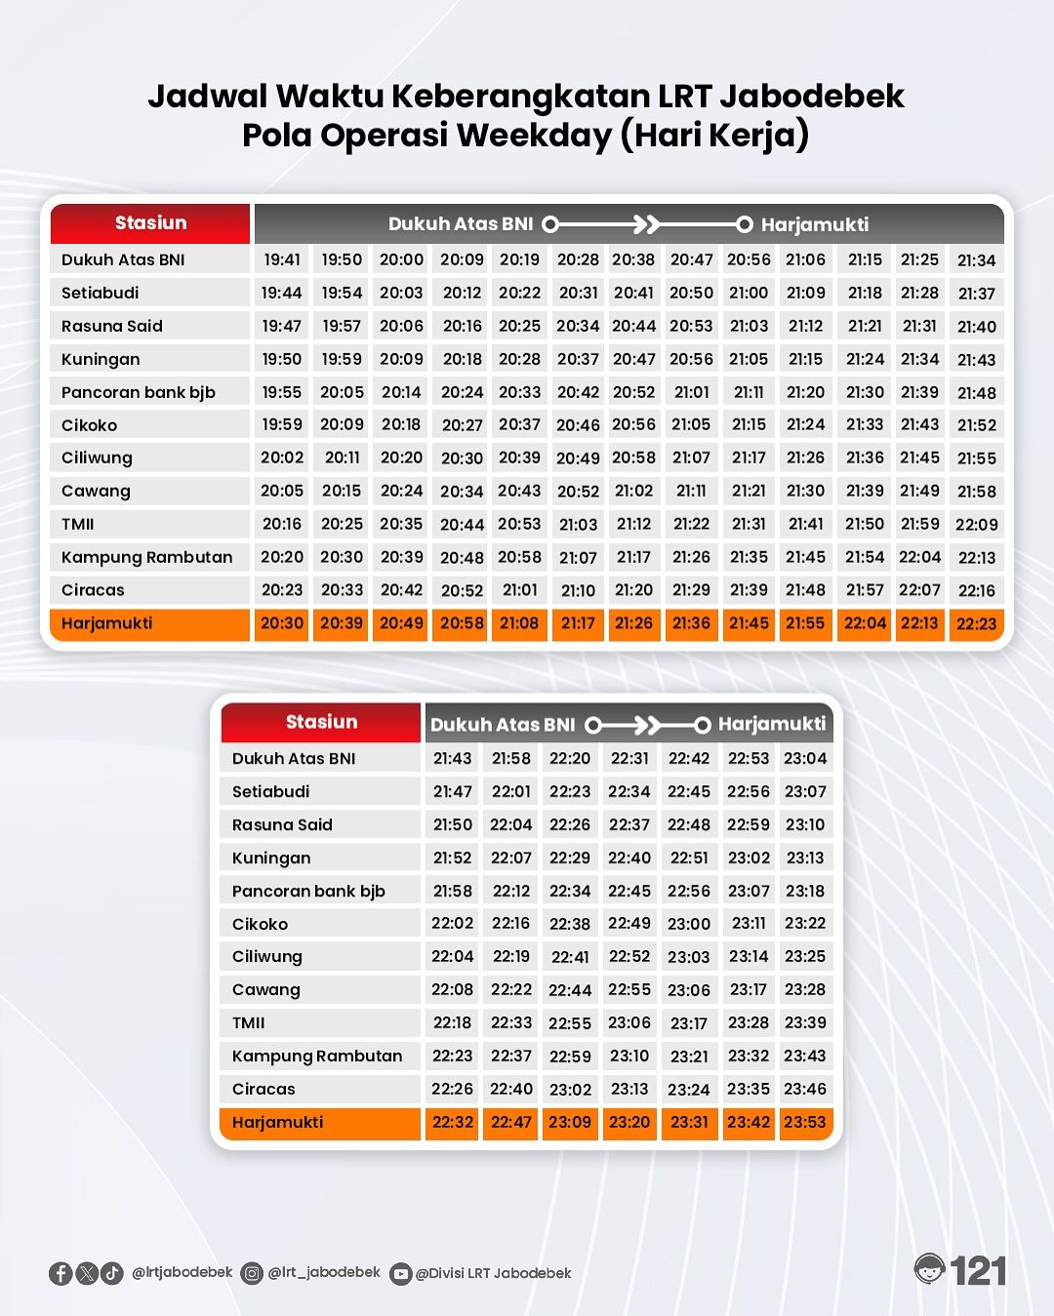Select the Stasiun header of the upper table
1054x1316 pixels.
tap(150, 223)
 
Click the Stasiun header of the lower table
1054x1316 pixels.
tap(321, 722)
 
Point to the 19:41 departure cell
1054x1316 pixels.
tap(282, 259)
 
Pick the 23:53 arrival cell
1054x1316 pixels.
tap(805, 1122)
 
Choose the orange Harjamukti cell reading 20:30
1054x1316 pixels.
tap(282, 623)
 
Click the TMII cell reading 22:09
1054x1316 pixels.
tap(976, 525)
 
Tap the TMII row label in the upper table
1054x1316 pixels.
tap(78, 525)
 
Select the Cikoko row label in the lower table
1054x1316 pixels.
tap(260, 924)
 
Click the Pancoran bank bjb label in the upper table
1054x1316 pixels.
tap(138, 392)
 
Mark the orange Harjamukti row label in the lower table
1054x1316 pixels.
tap(277, 1122)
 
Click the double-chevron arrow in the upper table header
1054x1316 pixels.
tap(646, 224)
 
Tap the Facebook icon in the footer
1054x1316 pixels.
tap(61, 1273)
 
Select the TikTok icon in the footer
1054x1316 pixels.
tap(112, 1273)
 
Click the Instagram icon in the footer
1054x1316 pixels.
tap(252, 1273)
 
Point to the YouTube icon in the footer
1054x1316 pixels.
tap(400, 1274)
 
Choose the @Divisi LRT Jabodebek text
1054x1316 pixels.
tap(493, 1273)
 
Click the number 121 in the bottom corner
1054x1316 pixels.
tap(978, 1271)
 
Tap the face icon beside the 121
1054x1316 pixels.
tap(930, 1269)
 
